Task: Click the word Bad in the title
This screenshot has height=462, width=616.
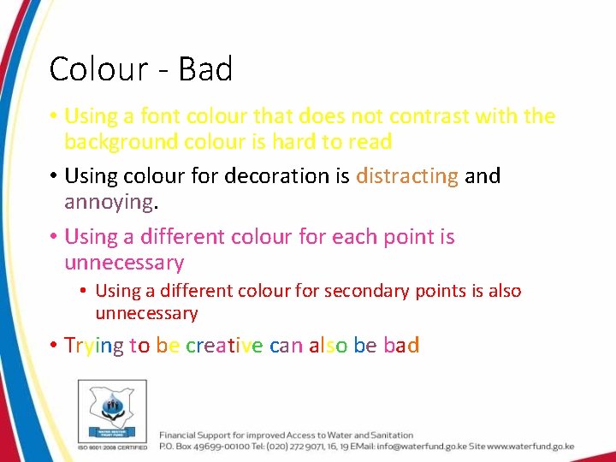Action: (205, 69)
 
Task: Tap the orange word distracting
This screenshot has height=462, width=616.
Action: (407, 176)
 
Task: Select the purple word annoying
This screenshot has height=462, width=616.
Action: (109, 203)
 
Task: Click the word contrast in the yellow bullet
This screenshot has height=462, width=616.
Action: (426, 116)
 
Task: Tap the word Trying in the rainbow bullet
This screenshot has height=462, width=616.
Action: (94, 346)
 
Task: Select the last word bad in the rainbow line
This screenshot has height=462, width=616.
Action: (401, 346)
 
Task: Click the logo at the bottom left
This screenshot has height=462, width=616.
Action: (112, 410)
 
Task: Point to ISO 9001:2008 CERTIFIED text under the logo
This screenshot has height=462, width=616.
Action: (112, 447)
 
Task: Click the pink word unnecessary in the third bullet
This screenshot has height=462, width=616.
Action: (124, 263)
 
